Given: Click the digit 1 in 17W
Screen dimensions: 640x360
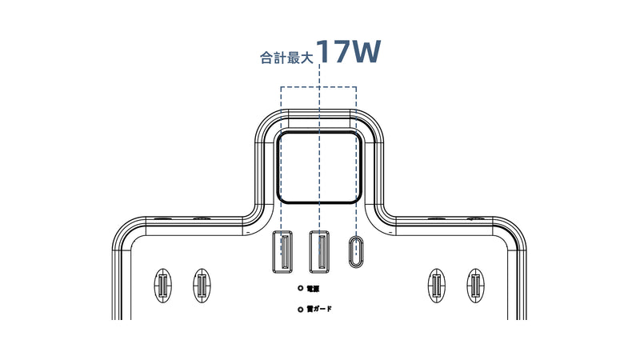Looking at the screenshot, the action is [322, 51].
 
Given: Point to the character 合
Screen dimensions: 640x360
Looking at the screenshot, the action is [266, 58].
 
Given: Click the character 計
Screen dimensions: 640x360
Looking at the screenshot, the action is [279, 58].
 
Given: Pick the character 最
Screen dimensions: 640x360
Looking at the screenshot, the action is [293, 58].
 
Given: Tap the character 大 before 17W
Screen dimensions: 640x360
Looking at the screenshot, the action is [306, 58].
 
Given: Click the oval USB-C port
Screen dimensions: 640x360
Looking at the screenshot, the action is [356, 251].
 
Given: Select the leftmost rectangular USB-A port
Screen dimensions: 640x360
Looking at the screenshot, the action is [282, 251].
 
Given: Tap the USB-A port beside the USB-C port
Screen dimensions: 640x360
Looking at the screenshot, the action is [319, 251].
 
